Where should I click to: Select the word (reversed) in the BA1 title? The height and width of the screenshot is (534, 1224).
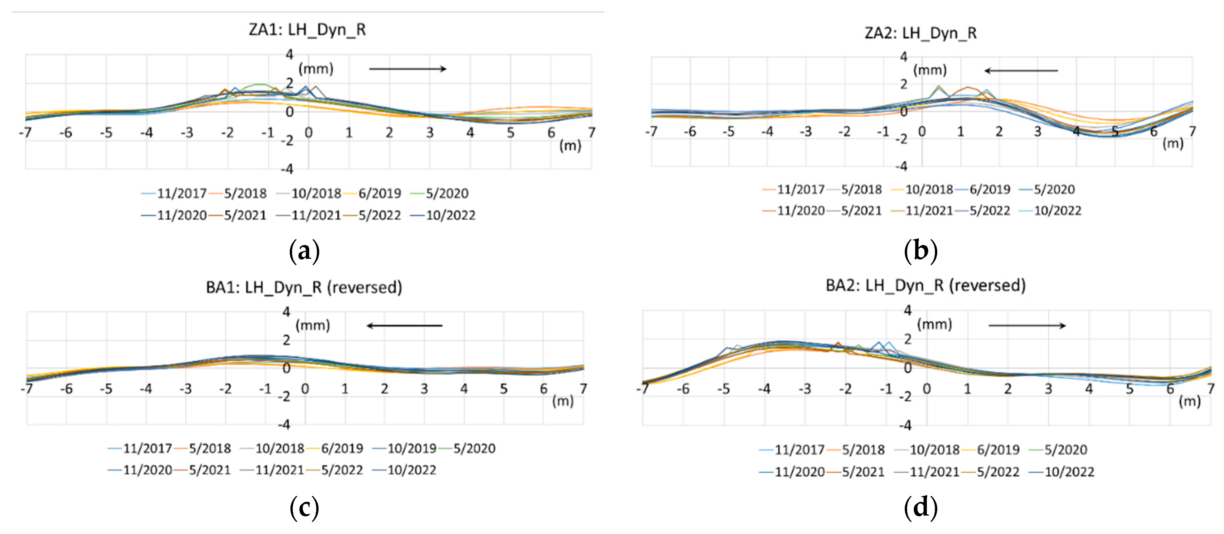[x=364, y=287]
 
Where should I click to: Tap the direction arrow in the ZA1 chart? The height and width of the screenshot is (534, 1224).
[x=408, y=69]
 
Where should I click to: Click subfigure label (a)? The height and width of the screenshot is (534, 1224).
[x=304, y=250]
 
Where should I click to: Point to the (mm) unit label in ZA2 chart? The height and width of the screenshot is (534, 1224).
[x=930, y=70]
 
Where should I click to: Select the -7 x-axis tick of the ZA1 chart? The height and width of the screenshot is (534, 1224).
[x=25, y=133]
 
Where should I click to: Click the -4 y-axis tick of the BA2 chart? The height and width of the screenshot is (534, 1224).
[x=905, y=425]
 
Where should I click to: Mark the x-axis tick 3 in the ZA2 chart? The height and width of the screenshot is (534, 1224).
[x=1037, y=132]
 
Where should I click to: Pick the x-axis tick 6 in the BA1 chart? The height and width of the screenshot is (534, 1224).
[x=544, y=389]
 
